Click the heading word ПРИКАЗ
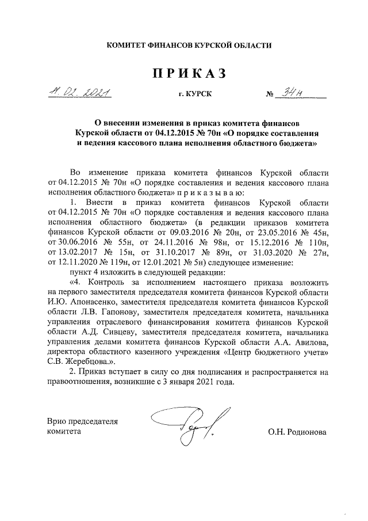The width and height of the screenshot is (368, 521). tap(187, 74)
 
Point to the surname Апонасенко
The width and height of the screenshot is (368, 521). tap(87, 302)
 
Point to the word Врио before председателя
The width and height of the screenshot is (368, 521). tap(57, 421)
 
